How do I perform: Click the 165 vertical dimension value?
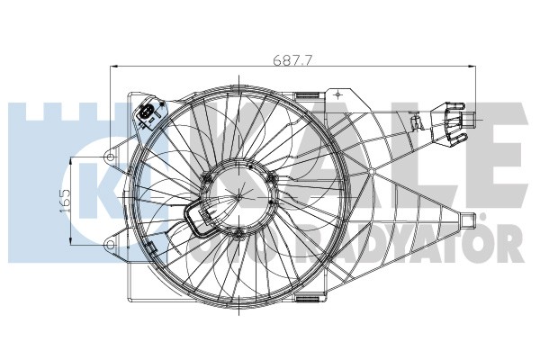(x=65, y=198)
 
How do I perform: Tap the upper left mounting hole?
(x=111, y=157)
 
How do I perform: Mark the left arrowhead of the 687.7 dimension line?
(x=112, y=66)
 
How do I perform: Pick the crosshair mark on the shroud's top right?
(x=336, y=93)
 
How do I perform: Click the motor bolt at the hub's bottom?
(x=237, y=234)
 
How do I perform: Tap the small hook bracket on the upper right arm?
(x=416, y=122)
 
